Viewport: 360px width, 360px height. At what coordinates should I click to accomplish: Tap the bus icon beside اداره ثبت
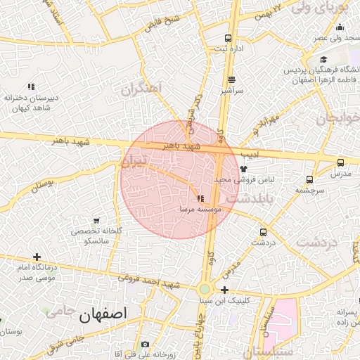point(228,38)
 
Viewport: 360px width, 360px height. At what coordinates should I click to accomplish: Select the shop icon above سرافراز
point(231,80)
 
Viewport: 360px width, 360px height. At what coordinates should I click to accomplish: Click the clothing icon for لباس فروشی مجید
point(244,169)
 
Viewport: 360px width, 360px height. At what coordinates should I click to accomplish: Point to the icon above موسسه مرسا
point(202,199)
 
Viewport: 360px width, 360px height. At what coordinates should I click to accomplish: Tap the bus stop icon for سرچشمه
point(310,179)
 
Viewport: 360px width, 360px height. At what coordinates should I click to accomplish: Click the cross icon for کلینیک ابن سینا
point(224,290)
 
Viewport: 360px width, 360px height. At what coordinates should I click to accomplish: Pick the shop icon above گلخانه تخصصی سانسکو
point(96,221)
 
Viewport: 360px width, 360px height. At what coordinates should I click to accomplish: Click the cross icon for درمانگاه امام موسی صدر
point(37,257)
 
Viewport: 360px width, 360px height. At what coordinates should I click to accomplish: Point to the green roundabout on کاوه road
point(205,288)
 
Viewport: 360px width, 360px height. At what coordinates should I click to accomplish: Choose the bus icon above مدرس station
point(340,162)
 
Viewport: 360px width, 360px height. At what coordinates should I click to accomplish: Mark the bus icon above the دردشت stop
point(263,232)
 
